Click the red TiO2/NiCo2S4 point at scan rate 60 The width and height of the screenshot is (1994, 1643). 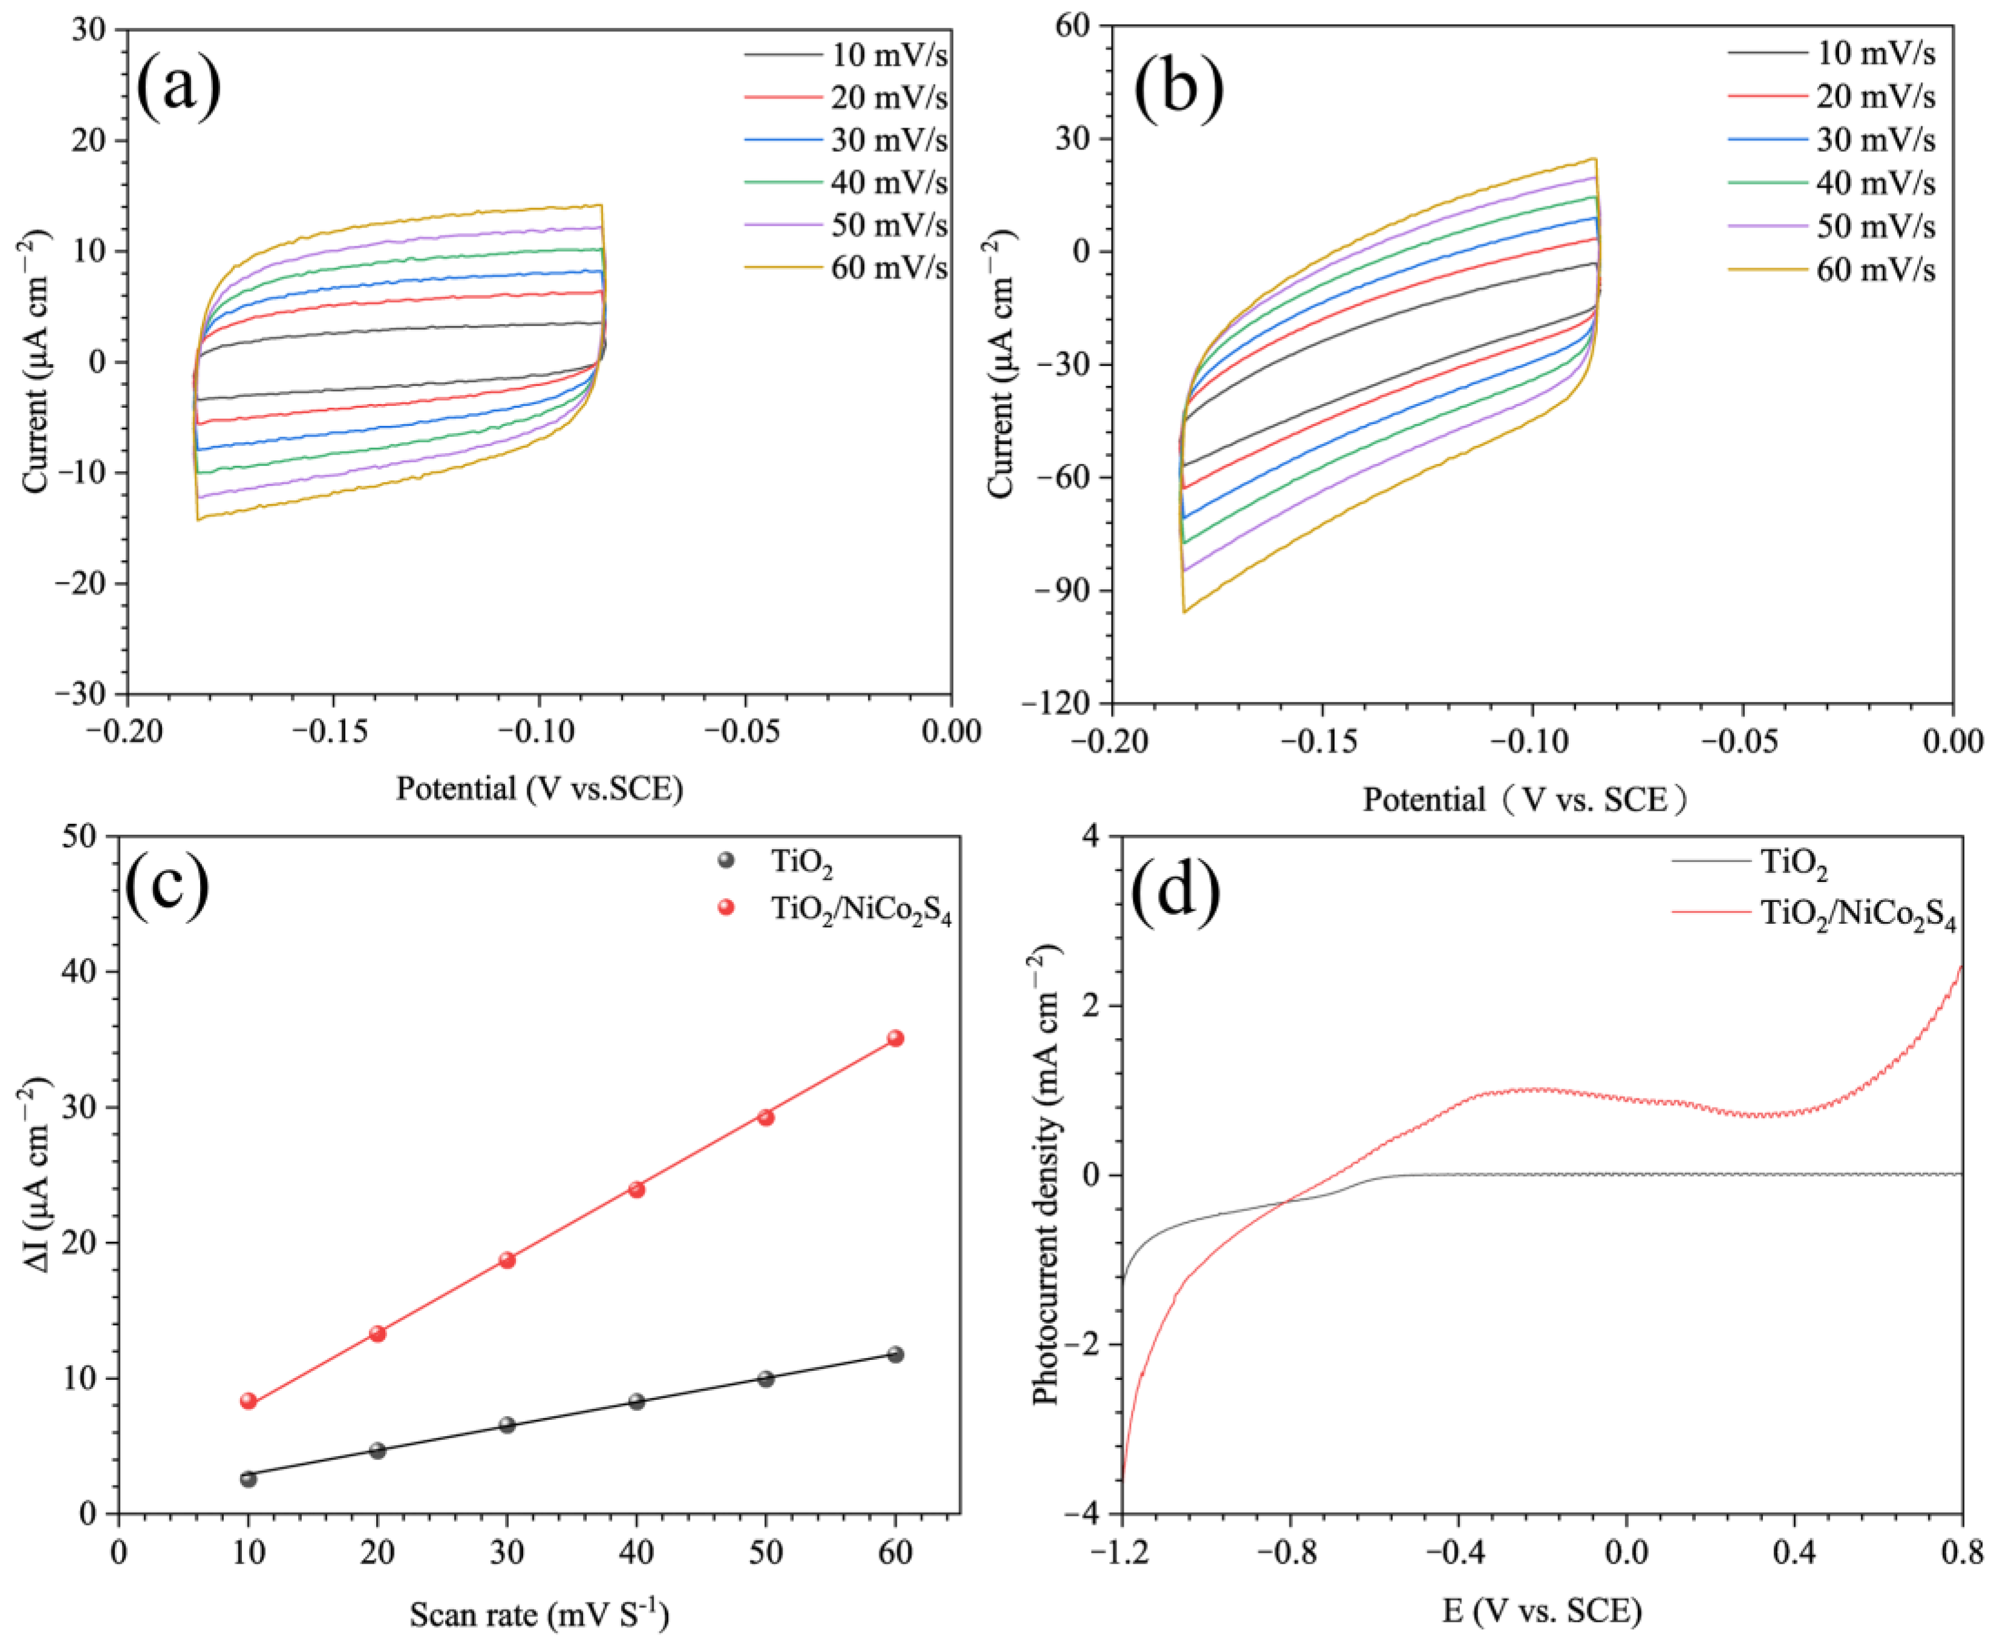click(x=894, y=1038)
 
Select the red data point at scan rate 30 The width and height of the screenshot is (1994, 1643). click(x=506, y=1259)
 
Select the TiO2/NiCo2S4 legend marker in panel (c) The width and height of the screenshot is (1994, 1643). click(x=726, y=907)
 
